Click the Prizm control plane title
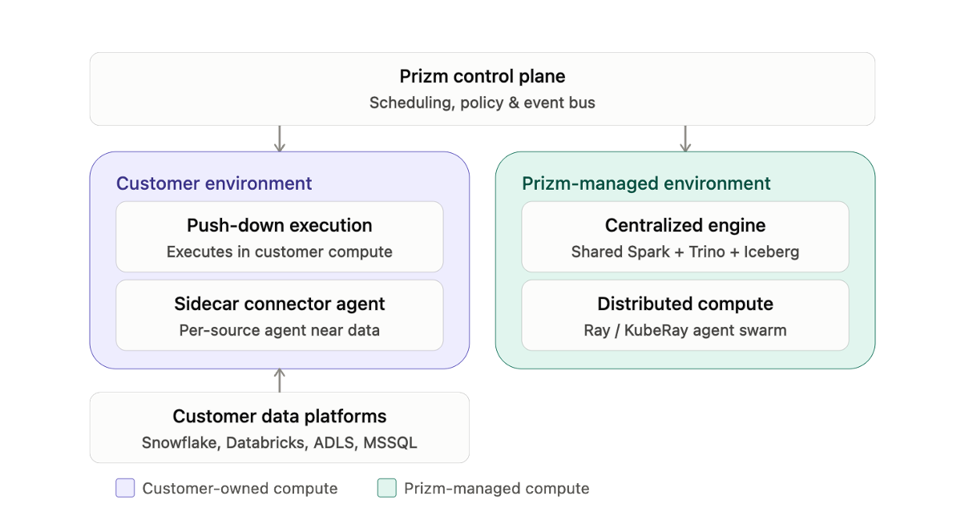[482, 77]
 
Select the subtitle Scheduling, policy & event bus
[482, 103]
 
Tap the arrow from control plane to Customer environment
[280, 139]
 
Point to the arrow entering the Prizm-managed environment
[685, 139]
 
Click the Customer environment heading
[214, 183]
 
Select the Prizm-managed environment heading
[646, 183]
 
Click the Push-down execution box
[280, 237]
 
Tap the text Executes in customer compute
[280, 252]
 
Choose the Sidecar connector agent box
[280, 315]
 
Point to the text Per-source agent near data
[280, 330]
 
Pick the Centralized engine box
[685, 237]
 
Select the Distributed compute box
[685, 315]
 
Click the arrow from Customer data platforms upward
[280, 381]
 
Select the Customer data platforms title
[280, 417]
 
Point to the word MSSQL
[390, 442]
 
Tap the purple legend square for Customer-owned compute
[125, 488]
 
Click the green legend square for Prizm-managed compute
[387, 488]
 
